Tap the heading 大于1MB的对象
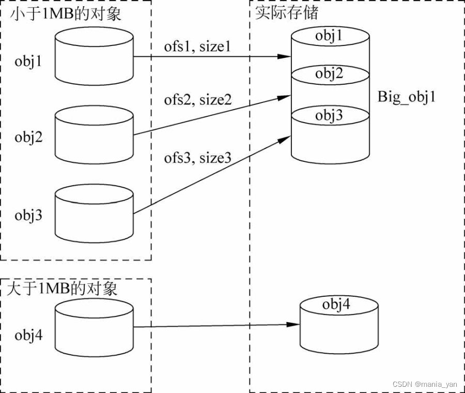pyautogui.click(x=62, y=288)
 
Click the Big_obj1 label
pyautogui.click(x=406, y=97)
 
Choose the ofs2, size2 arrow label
pyautogui.click(x=198, y=100)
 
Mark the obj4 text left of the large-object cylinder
pyautogui.click(x=28, y=336)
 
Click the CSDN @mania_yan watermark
pyautogui.click(x=425, y=384)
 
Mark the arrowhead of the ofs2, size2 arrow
pyautogui.click(x=286, y=96)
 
